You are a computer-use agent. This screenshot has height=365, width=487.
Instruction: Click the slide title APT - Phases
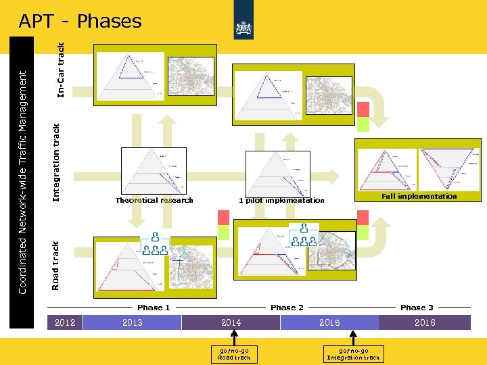point(80,22)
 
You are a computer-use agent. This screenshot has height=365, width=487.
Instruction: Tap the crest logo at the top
point(243,27)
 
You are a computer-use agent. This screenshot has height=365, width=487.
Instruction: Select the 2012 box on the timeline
point(65,322)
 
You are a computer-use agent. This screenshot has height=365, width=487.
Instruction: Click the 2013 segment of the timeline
point(133,322)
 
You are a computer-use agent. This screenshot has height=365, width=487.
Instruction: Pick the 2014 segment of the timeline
point(231,322)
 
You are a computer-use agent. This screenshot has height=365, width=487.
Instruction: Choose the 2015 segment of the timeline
point(329,322)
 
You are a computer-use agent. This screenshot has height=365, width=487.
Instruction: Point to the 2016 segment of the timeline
point(425,322)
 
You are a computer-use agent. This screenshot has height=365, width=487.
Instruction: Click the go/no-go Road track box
point(234,354)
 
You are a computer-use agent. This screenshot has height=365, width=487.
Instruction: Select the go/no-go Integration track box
point(353,354)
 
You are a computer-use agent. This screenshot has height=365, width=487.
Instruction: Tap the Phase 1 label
point(154,308)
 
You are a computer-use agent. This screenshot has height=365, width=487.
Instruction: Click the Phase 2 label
point(287,308)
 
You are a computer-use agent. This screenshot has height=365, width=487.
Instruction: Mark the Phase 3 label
point(417,308)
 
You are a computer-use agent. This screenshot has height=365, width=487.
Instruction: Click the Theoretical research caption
point(154,200)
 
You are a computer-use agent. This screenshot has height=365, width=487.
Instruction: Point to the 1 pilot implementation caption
point(281,201)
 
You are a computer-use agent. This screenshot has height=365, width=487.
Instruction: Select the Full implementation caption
point(419,197)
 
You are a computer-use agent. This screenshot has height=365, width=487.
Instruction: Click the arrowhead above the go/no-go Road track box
point(234,336)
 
